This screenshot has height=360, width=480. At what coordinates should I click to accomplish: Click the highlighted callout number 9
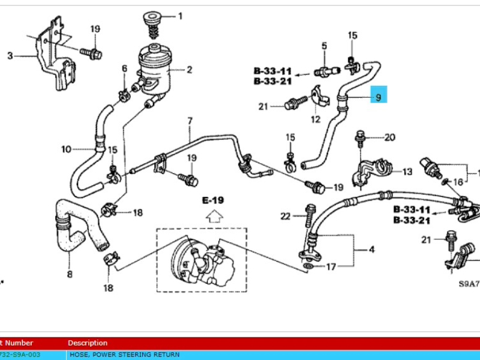coord(379,95)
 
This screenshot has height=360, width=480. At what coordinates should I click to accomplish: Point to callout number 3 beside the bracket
coord(10,56)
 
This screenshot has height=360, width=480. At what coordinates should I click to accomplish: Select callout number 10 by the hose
coord(66,149)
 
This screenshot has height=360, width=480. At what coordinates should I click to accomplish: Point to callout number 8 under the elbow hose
coord(69,275)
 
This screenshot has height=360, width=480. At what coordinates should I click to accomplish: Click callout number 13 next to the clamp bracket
coord(407,172)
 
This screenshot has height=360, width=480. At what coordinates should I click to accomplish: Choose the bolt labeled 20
coord(361,137)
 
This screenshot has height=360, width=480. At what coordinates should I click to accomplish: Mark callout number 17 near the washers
coord(331,266)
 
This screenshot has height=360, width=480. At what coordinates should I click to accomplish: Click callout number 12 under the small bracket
coord(315,120)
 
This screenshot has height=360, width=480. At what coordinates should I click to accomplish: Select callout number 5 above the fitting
coord(324,46)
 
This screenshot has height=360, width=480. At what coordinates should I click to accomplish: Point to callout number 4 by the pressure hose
coord(372,248)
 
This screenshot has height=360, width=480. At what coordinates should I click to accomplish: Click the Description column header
coord(88,343)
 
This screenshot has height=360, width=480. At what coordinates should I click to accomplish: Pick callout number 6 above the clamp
coord(125,69)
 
